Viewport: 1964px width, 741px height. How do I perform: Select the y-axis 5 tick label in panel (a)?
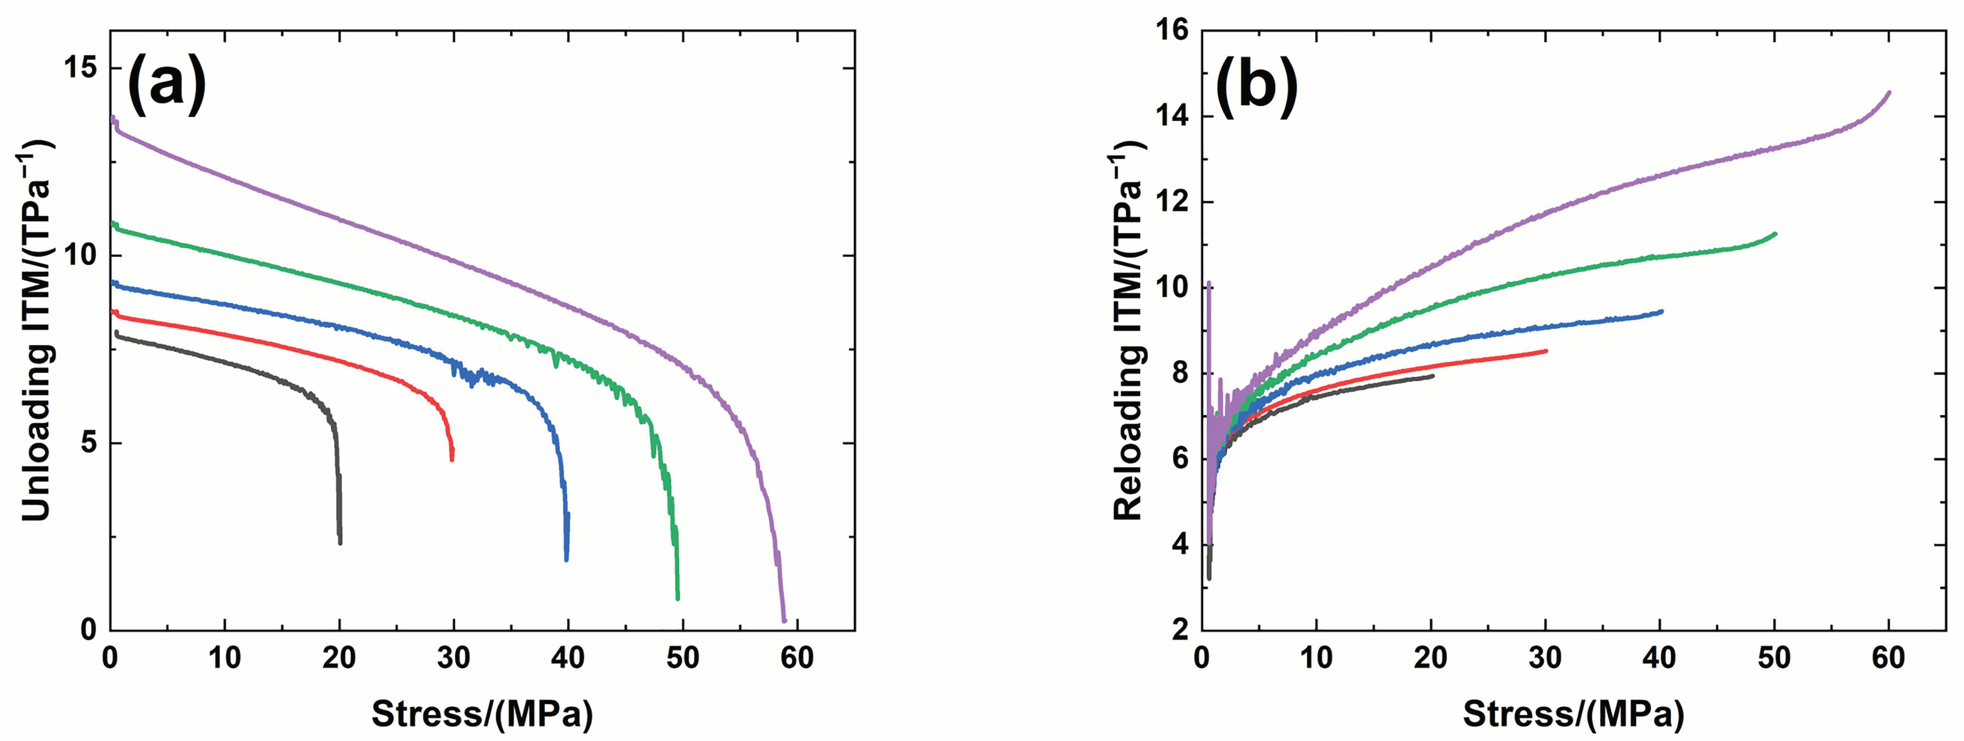click(90, 443)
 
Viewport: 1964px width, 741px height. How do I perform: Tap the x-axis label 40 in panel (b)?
click(1660, 657)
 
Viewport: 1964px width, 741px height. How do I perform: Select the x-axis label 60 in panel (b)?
click(1889, 657)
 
